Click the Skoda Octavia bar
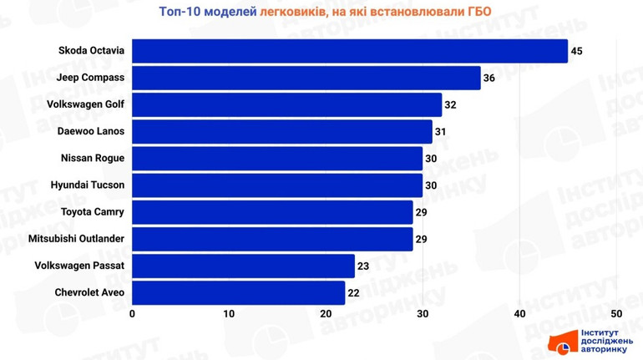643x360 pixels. pyautogui.click(x=350, y=51)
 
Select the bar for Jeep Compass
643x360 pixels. pyautogui.click(x=306, y=78)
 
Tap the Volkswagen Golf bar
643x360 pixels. pyautogui.click(x=287, y=104)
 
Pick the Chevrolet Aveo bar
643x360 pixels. pyautogui.click(x=239, y=292)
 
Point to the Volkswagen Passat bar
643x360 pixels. pyautogui.click(x=244, y=266)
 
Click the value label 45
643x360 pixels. pyautogui.click(x=576, y=51)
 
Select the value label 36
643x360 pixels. pyautogui.click(x=489, y=78)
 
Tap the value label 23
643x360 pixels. pyautogui.click(x=363, y=266)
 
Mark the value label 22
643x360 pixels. pyautogui.click(x=353, y=292)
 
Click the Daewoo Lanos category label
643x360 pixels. pyautogui.click(x=91, y=131)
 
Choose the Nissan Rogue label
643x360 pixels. pyautogui.click(x=93, y=158)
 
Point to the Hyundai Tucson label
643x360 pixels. pyautogui.click(x=88, y=185)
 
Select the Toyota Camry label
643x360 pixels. pyautogui.click(x=93, y=212)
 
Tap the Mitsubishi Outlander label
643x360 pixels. pyautogui.click(x=77, y=239)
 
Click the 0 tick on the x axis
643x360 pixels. pyautogui.click(x=133, y=314)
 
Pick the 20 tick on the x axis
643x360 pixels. pyautogui.click(x=326, y=314)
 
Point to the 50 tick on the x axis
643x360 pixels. pyautogui.click(x=616, y=314)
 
